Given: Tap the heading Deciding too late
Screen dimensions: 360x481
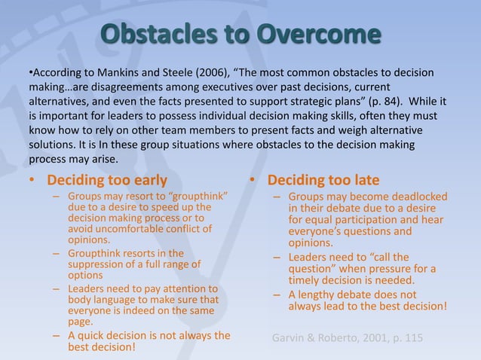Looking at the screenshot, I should pos(323,181).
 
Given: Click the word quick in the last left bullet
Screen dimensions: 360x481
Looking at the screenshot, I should pos(93,336).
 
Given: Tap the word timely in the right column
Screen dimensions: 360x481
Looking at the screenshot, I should pos(306,282).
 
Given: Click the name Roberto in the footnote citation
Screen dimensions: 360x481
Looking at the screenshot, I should pos(344,338).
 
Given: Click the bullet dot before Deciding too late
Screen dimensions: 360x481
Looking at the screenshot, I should pos(254,182).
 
